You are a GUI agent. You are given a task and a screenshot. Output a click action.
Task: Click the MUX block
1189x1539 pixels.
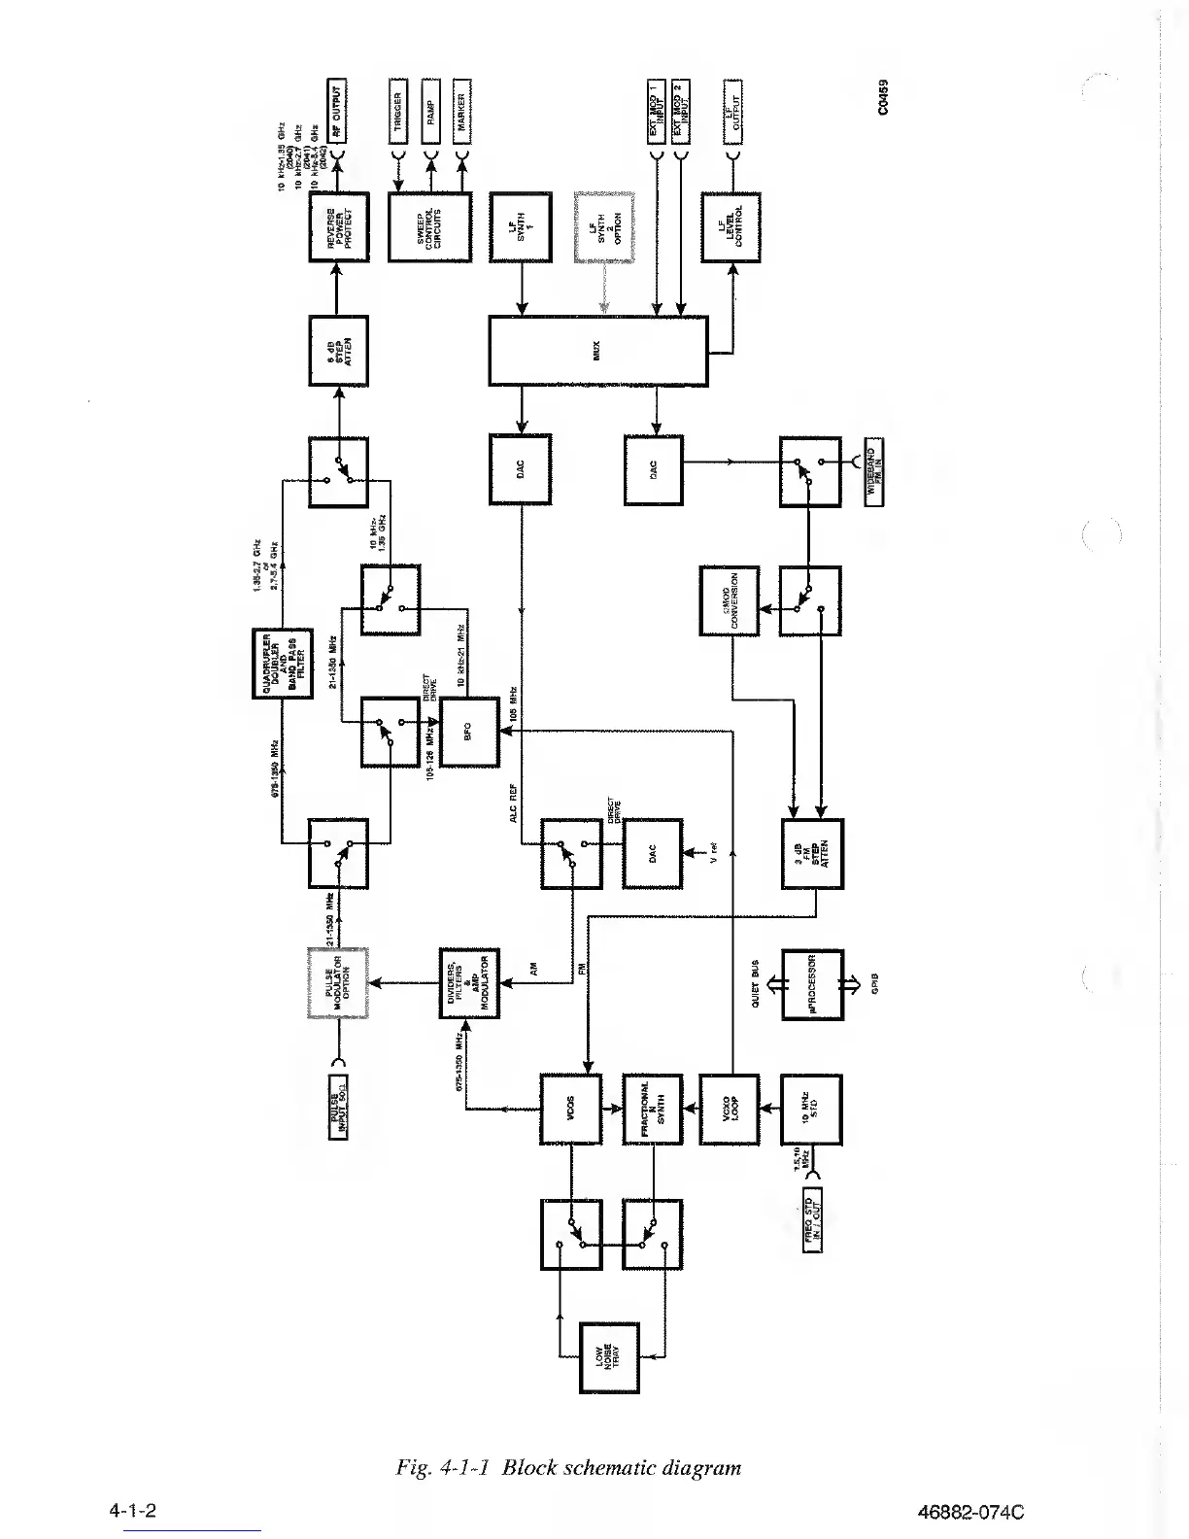coord(597,350)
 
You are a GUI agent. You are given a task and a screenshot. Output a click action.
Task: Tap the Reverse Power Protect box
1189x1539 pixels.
coord(338,226)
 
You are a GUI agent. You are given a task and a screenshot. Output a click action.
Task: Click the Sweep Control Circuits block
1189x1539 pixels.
coord(429,226)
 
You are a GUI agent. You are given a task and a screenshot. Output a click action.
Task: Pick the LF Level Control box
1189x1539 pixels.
coord(730,227)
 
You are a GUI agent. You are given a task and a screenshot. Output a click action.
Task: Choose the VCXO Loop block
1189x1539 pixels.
coord(729,1109)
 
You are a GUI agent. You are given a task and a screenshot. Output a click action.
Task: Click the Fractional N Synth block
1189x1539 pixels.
coord(652,1109)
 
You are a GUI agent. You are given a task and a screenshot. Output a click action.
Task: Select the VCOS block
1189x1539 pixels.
coord(570,1109)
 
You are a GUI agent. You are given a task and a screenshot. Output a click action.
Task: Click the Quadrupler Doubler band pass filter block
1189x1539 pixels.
coord(282,664)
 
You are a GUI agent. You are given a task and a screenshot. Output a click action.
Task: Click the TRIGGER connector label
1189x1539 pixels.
coord(398,111)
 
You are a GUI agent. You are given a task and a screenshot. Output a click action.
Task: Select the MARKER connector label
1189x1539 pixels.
coord(461,111)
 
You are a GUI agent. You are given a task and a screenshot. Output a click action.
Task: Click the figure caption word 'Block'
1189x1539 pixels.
coord(532,1467)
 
